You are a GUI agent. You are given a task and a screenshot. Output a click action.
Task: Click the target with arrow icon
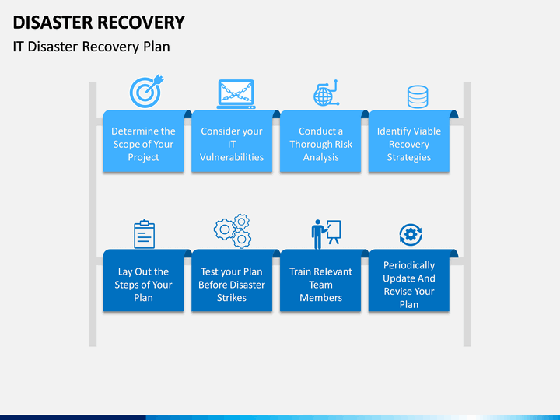coord(145,92)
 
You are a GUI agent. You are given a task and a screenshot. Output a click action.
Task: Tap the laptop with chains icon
coord(236,94)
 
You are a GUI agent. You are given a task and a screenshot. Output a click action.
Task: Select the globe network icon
coord(326,93)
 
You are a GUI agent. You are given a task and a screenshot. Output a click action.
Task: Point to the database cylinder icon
coord(418,96)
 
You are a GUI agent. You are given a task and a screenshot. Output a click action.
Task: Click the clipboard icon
coord(145,234)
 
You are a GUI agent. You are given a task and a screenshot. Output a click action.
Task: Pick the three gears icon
coord(233,231)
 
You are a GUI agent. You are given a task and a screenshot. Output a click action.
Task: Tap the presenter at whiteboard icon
coord(326,234)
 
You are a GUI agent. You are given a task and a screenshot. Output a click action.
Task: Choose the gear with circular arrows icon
coord(411,235)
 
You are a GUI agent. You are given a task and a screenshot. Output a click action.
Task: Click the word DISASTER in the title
coord(53,23)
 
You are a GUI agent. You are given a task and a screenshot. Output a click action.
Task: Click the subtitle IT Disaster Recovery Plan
coord(92,47)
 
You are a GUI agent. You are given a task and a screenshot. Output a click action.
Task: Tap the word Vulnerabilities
coord(232,157)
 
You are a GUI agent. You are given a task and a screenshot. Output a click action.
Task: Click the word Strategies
coord(409,157)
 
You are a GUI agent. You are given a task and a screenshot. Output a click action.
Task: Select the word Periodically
coord(409,265)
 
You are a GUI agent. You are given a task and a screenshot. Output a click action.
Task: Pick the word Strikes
coord(232,297)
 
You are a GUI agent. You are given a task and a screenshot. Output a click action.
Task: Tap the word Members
coord(320,297)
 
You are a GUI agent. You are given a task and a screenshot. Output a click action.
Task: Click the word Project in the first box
coord(143,157)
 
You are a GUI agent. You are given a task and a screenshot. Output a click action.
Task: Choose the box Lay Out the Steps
coord(143,280)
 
